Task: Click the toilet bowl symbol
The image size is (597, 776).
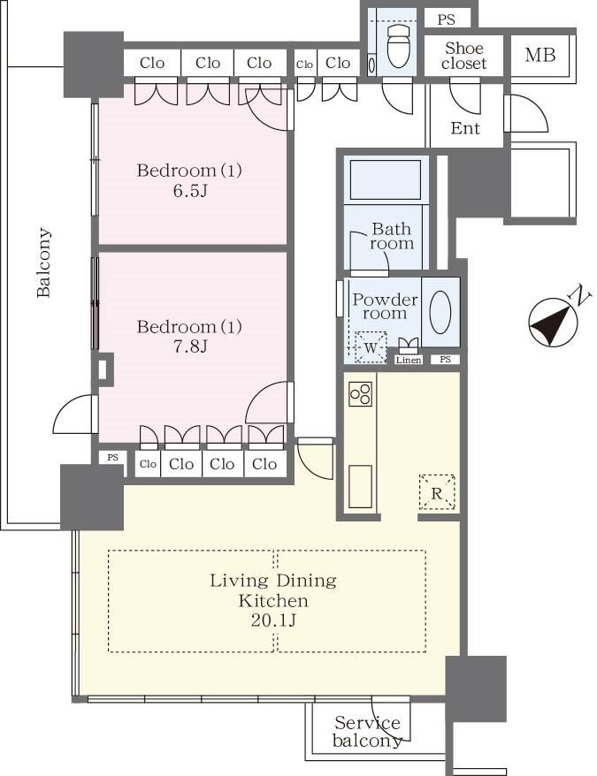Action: [x=398, y=46]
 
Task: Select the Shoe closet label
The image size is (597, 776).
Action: [x=463, y=56]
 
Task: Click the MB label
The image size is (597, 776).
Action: [x=540, y=55]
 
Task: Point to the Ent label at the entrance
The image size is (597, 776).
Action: [x=465, y=128]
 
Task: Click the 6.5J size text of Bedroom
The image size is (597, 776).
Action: [x=190, y=191]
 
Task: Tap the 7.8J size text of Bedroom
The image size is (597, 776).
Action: [x=190, y=346]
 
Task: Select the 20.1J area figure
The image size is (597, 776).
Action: [x=273, y=620]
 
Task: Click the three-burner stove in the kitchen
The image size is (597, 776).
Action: [x=360, y=394]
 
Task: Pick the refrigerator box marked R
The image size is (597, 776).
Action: [x=437, y=492]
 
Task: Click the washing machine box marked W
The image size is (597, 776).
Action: [x=371, y=347]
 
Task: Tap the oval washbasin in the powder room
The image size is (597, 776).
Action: [x=440, y=312]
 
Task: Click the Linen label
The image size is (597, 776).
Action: [x=409, y=361]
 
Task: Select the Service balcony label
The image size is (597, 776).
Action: [x=367, y=732]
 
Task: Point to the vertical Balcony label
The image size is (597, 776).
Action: [x=43, y=262]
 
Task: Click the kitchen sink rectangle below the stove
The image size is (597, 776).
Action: [x=360, y=486]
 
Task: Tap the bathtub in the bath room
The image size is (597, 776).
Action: [x=386, y=179]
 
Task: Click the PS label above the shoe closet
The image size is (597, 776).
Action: [x=447, y=19]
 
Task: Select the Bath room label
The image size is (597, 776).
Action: [x=392, y=236]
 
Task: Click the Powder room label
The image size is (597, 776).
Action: [x=385, y=307]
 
